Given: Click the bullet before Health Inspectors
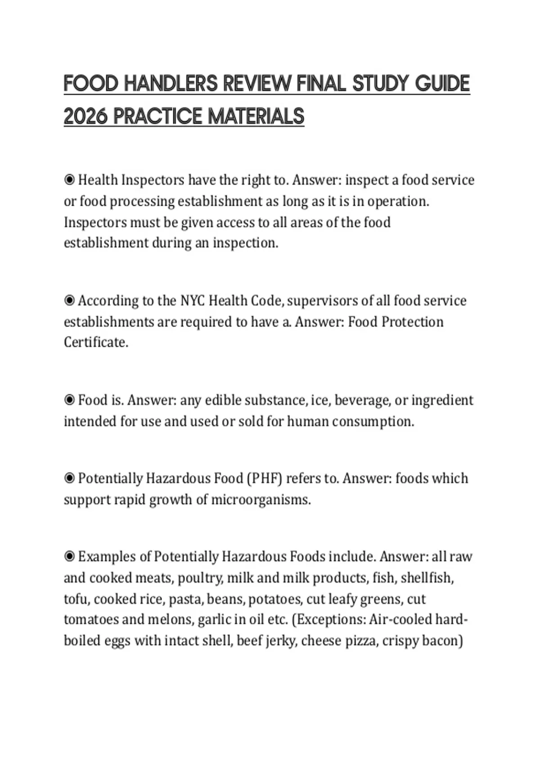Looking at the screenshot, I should (69, 180).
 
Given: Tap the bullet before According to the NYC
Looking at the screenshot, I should (69, 301).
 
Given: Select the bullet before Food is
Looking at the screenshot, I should (69, 400).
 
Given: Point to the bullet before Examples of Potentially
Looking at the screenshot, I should (69, 557).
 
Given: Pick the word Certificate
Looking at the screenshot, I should (96, 342).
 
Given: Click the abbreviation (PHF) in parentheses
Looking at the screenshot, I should (264, 478).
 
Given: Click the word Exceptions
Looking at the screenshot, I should (328, 620).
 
